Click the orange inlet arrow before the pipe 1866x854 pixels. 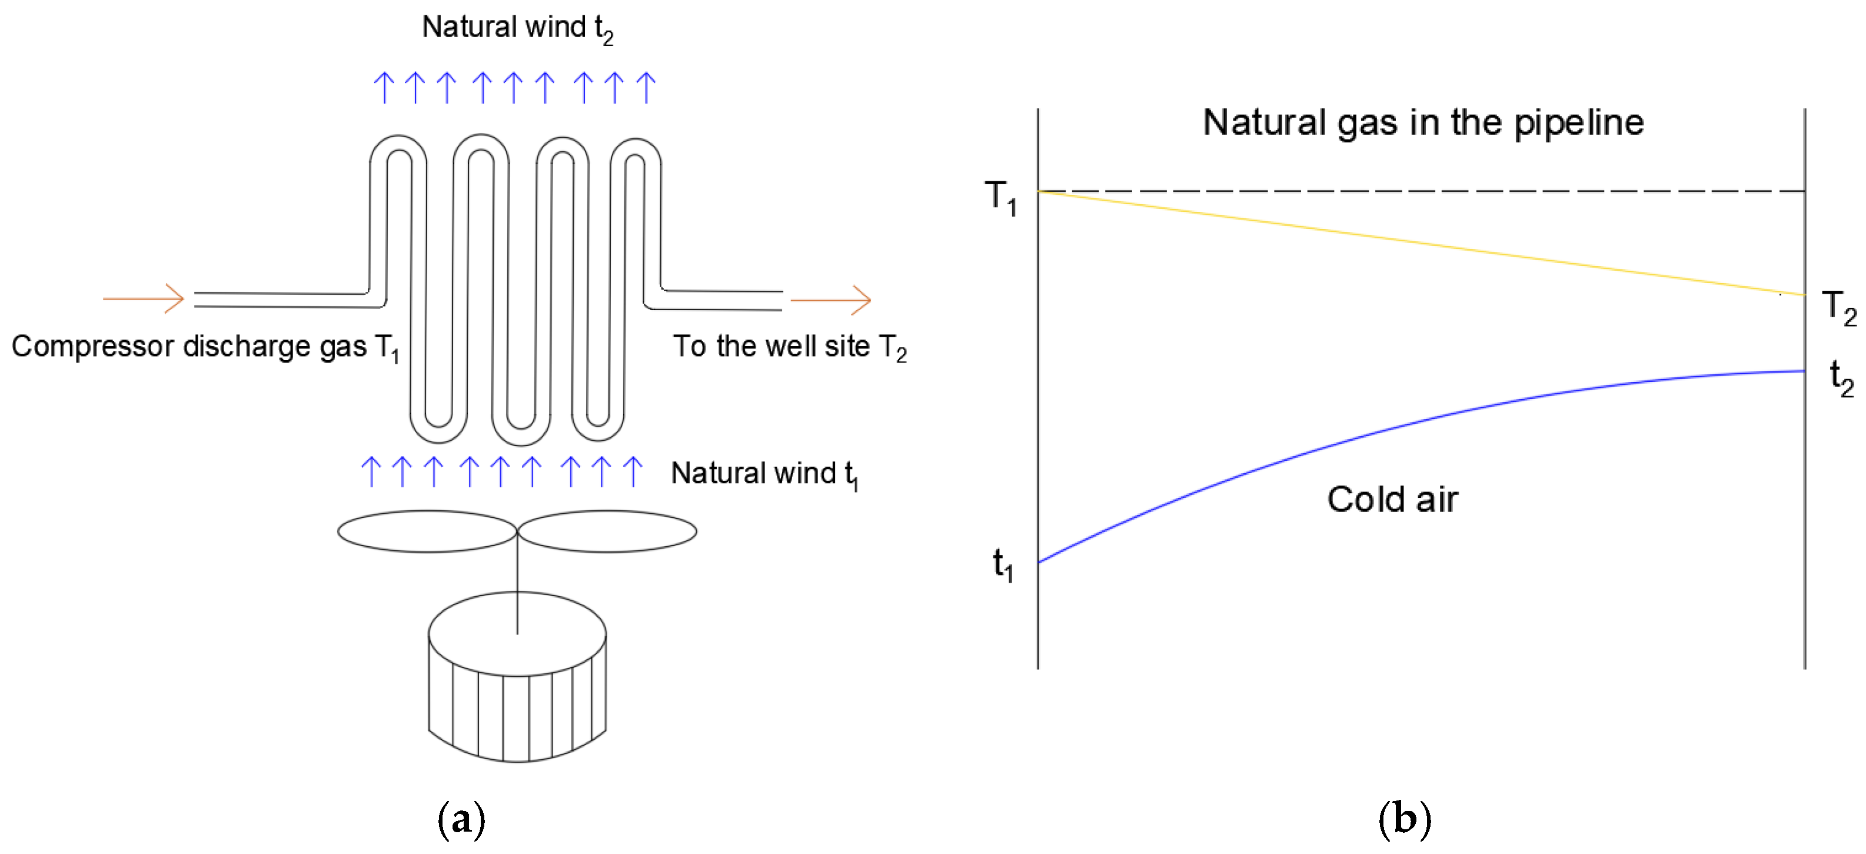coord(144,298)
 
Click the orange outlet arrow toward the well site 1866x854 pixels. coord(830,299)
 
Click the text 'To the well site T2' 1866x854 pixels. coord(789,347)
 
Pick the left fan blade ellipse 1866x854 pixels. coord(427,531)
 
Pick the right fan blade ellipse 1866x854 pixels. coord(607,531)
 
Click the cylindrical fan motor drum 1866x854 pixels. coord(517,688)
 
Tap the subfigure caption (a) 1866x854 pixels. coord(461,819)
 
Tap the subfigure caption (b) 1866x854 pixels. coord(1404,819)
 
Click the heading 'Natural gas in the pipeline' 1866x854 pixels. coord(1423,122)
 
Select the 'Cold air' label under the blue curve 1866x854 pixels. coord(1392,500)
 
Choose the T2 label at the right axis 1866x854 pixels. coord(1838,307)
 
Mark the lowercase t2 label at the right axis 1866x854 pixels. coord(1841,377)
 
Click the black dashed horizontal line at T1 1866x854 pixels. coord(1420,191)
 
